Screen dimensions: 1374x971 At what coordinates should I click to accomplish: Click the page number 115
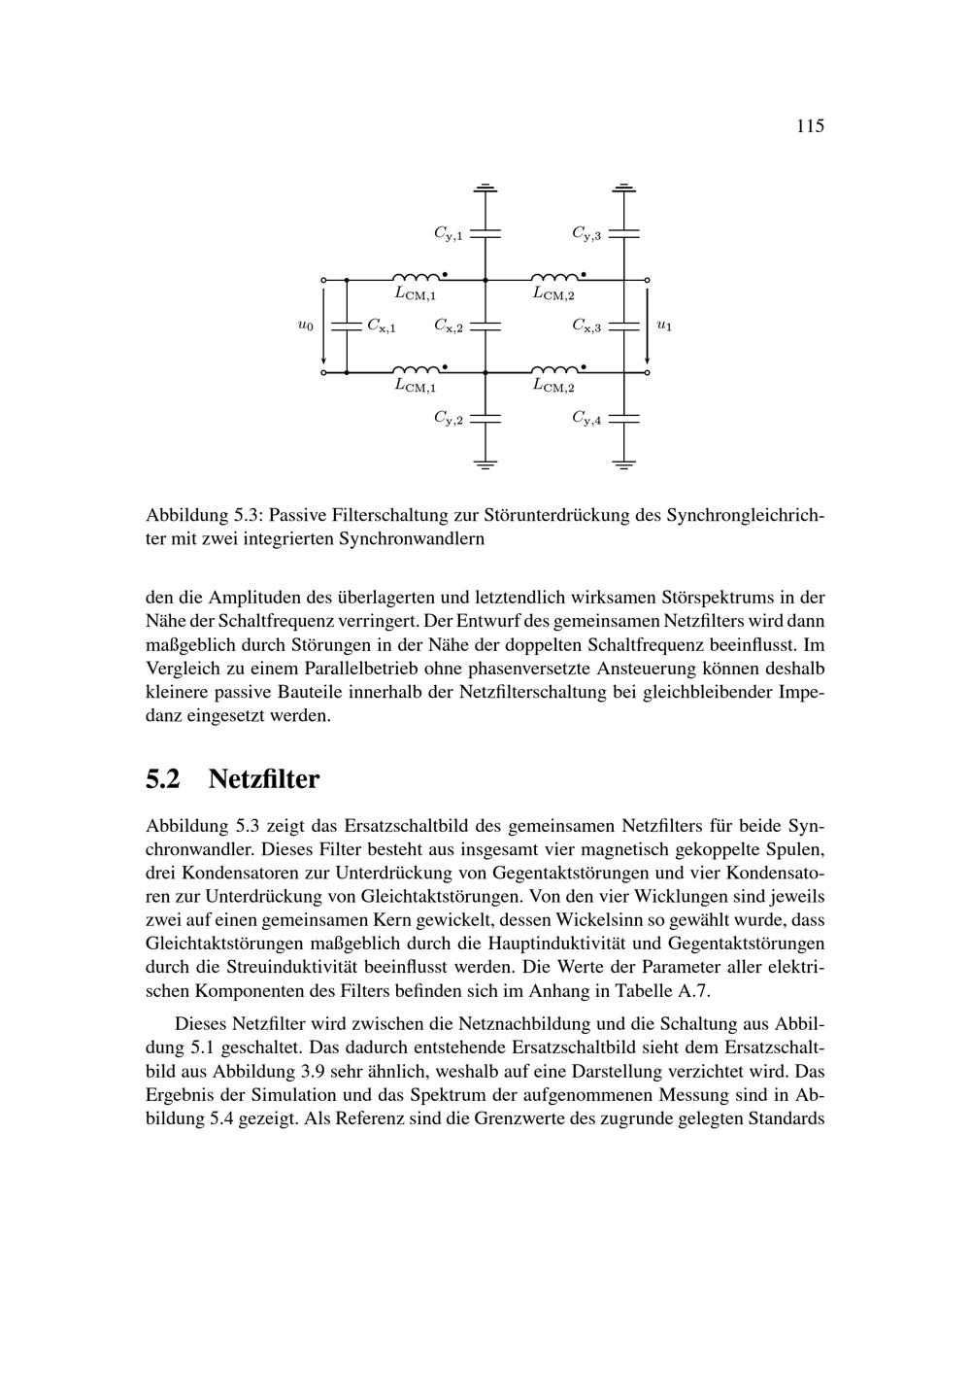point(810,126)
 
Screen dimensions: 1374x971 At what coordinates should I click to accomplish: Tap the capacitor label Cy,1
point(448,233)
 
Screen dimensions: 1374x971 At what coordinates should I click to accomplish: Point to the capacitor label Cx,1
point(381,326)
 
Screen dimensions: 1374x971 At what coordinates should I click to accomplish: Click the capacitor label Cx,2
point(448,326)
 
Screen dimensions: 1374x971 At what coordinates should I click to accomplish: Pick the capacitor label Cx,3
point(586,326)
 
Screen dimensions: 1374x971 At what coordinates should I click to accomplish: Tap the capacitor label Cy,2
point(448,419)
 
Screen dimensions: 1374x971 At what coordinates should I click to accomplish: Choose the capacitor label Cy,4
point(586,419)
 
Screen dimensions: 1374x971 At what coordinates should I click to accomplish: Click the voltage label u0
point(305,326)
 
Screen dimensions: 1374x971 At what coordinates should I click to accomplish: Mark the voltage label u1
point(664,326)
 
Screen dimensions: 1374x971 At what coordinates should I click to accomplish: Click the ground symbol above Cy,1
point(485,187)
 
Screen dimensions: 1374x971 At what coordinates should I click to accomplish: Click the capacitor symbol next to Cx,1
point(347,326)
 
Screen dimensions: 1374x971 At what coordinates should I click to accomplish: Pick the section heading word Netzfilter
point(263,779)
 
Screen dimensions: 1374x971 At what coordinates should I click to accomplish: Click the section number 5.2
point(163,779)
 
